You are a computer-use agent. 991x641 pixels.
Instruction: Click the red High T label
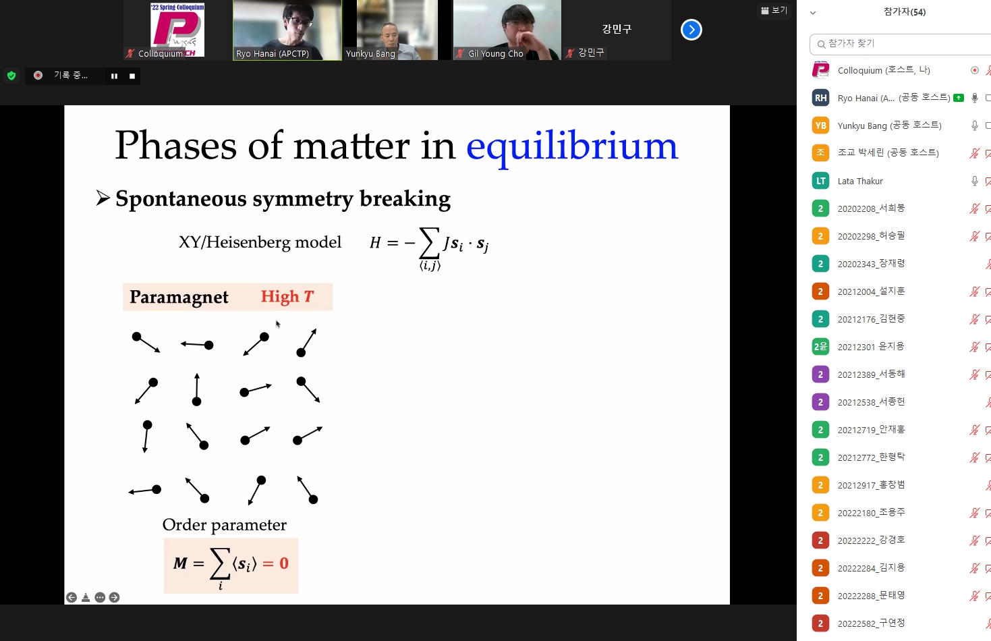(287, 296)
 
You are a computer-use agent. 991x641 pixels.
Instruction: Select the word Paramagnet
(179, 298)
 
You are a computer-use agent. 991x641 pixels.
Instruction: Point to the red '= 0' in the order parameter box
(275, 563)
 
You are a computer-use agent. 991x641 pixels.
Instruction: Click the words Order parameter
(224, 525)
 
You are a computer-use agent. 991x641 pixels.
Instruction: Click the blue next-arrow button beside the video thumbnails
(691, 30)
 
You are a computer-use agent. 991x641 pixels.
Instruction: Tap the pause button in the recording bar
(114, 76)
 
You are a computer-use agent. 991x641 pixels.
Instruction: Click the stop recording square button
(132, 76)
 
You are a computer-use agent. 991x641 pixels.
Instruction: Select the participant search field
(901, 44)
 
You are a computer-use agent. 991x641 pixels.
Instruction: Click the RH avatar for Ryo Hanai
(821, 98)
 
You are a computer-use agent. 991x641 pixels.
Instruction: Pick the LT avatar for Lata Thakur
(821, 181)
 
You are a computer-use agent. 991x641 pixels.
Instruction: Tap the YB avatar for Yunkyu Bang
(821, 126)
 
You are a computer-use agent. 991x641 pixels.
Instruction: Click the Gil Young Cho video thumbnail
(507, 30)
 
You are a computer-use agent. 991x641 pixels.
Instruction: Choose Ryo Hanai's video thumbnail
(287, 30)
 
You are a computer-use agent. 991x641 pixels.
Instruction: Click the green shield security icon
(11, 76)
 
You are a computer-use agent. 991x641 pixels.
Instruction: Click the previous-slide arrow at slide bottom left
(72, 598)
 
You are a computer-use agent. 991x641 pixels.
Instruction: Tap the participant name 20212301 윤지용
(871, 346)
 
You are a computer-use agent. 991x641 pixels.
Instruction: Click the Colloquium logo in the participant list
(821, 70)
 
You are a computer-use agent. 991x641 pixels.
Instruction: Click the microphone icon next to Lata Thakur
(974, 181)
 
